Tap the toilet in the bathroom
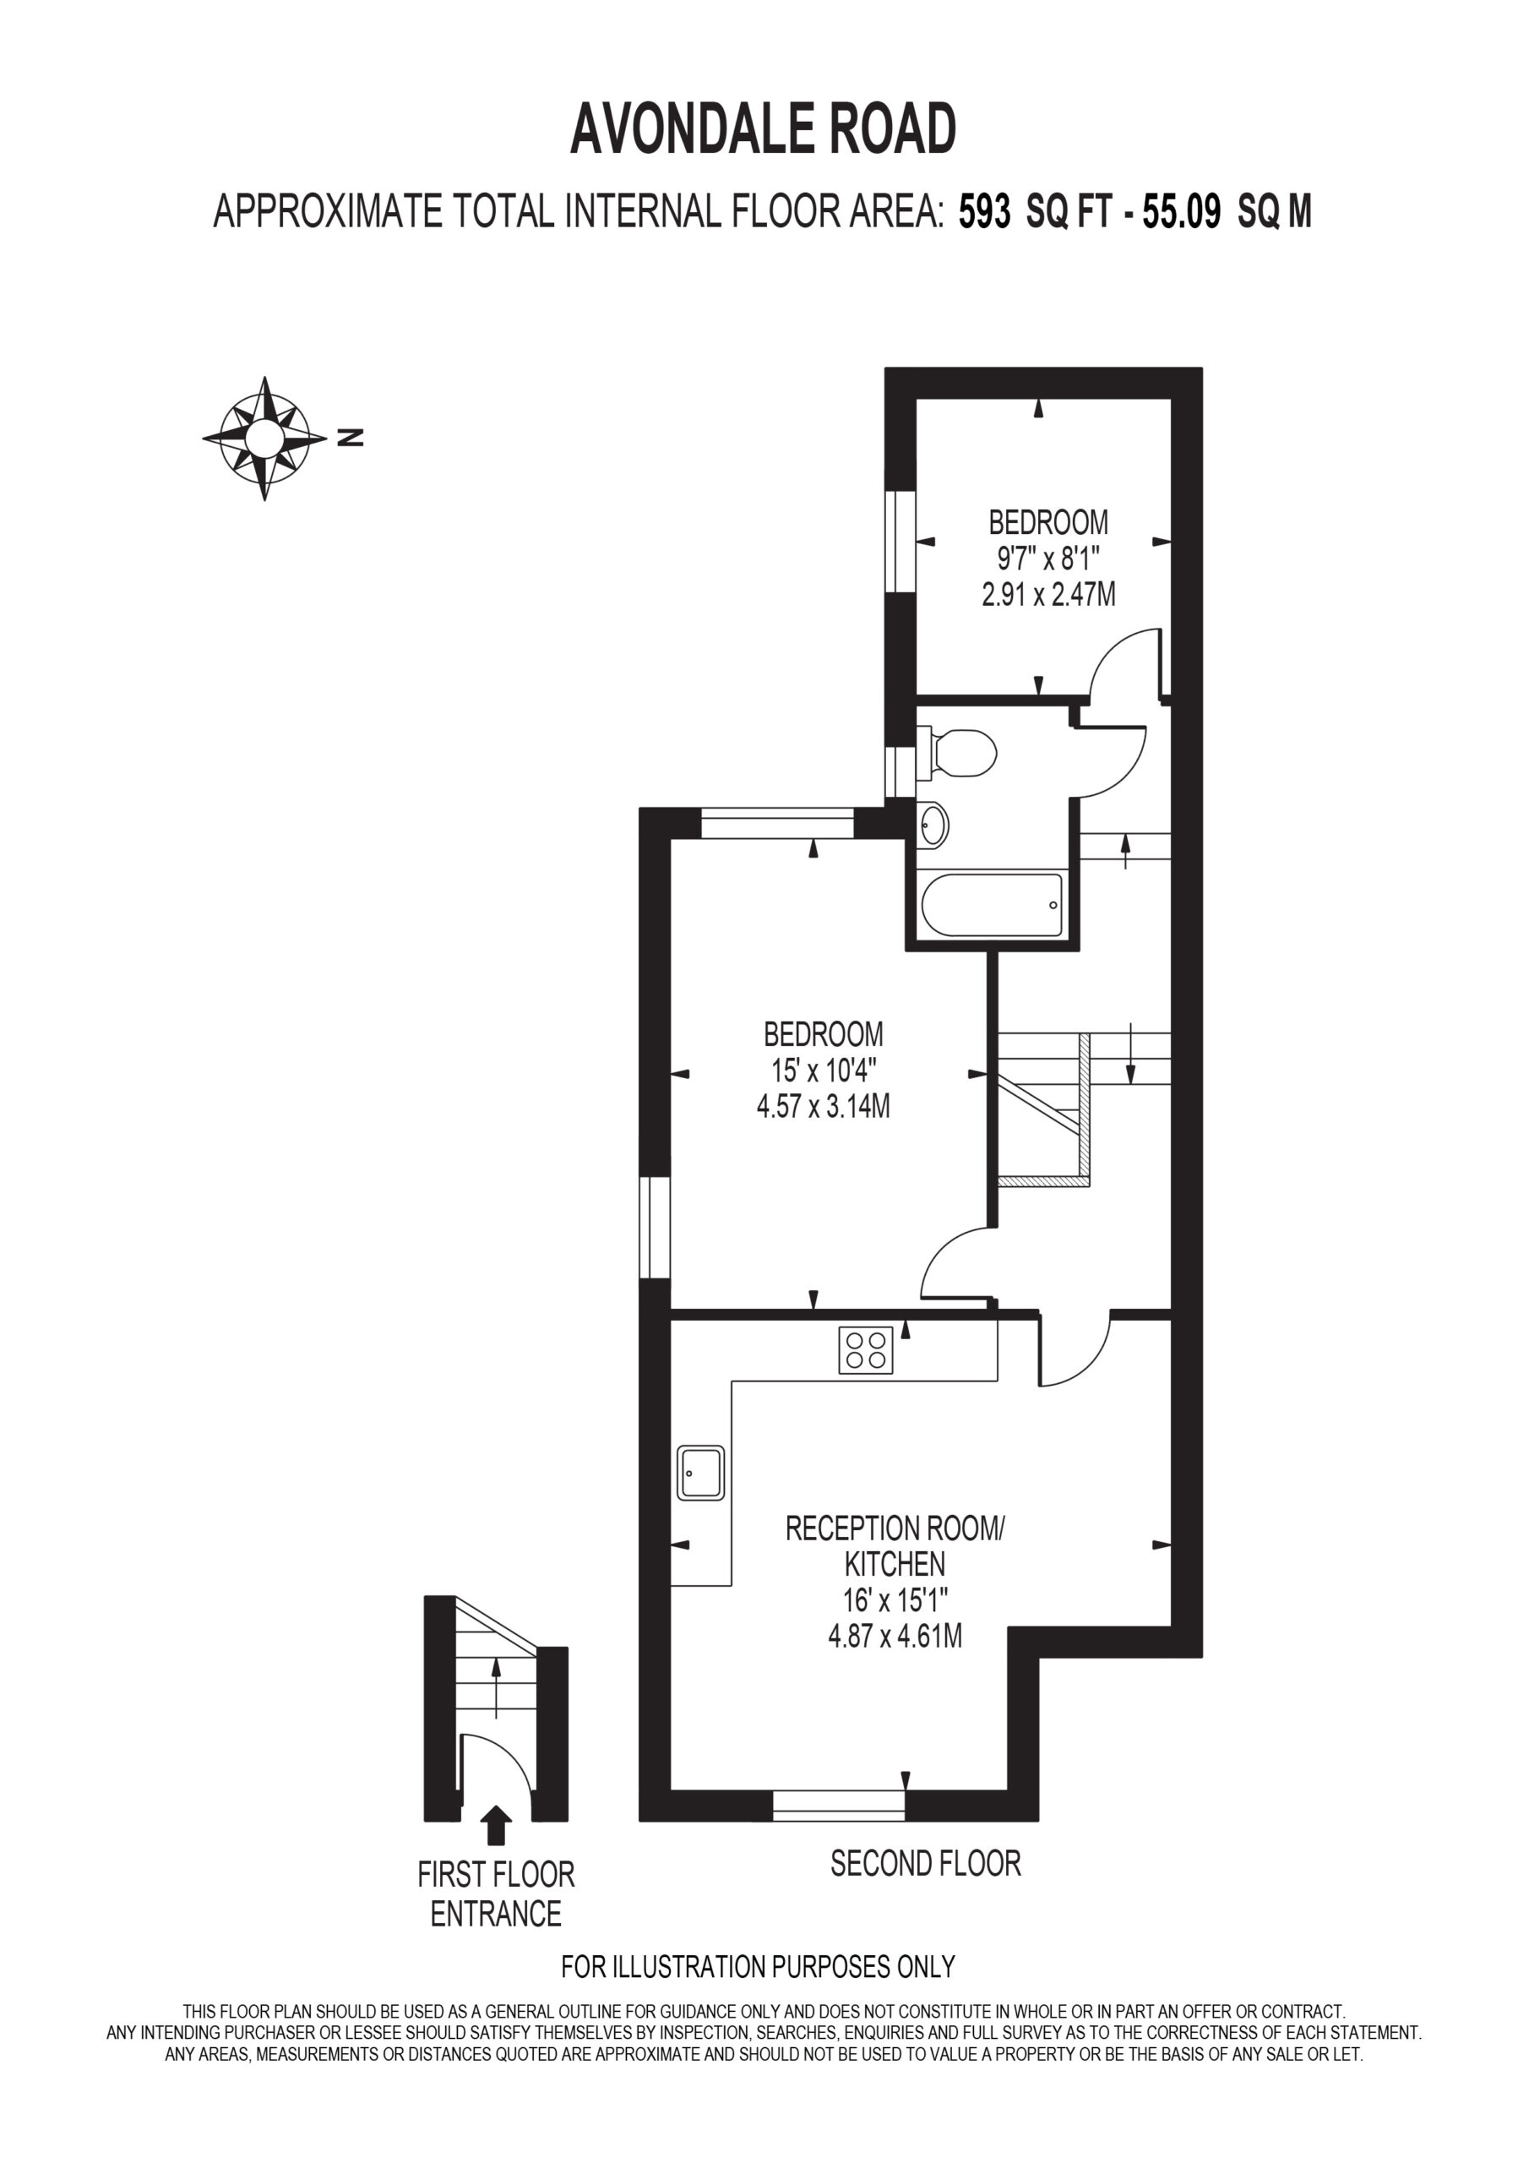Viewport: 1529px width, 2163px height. coord(956,753)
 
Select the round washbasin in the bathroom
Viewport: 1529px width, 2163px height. coord(933,825)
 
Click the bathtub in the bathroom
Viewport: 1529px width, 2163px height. coord(992,904)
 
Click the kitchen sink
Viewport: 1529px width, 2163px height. coord(701,1473)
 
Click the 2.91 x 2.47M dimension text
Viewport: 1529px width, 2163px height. coord(1048,595)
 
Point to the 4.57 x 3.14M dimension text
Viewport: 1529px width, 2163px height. coord(824,1105)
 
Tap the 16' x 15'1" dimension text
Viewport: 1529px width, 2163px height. coord(895,1599)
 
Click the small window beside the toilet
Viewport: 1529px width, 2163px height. coord(901,771)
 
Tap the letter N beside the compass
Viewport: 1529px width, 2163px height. coord(351,437)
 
